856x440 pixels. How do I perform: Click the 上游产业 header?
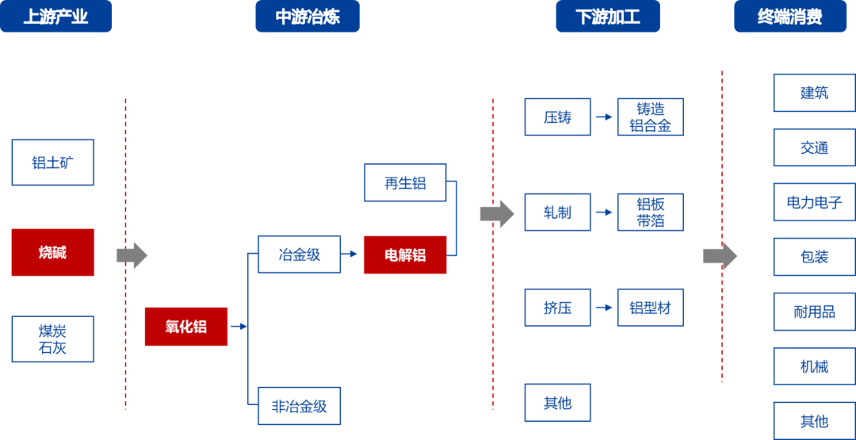(x=55, y=17)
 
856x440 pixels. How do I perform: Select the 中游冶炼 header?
(x=308, y=17)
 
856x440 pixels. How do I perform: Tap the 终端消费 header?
(x=789, y=17)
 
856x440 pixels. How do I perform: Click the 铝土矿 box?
(x=52, y=163)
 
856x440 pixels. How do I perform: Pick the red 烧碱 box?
(x=52, y=252)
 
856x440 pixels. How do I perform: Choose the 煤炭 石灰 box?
(x=52, y=339)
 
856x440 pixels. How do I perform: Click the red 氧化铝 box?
(x=185, y=327)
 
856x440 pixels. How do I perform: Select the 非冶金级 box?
(x=299, y=407)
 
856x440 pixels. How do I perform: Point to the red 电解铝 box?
(x=405, y=254)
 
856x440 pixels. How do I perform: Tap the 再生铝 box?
(x=405, y=183)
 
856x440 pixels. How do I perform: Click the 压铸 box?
(x=557, y=117)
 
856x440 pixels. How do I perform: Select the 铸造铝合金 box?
(x=650, y=117)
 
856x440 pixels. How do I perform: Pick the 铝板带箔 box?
(x=650, y=212)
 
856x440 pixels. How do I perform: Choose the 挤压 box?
(x=557, y=308)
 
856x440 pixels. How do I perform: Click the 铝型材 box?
(x=650, y=308)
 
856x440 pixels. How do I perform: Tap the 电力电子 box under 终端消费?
(x=814, y=202)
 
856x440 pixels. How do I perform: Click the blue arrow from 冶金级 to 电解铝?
(x=350, y=254)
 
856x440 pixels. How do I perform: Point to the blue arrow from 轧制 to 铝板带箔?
(x=604, y=212)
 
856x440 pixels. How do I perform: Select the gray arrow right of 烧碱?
(x=132, y=255)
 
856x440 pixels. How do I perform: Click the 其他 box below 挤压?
(x=557, y=403)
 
